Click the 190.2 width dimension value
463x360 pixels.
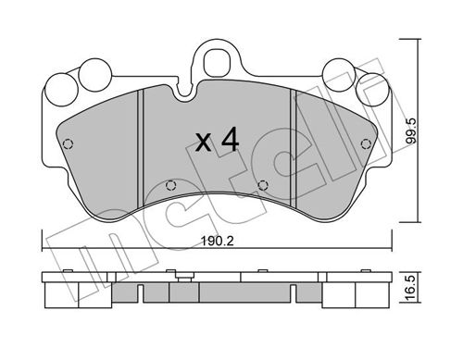(217, 242)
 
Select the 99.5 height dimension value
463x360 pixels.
(411, 130)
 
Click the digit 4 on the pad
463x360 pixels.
(231, 140)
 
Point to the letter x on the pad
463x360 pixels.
(204, 143)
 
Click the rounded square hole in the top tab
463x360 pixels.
(218, 62)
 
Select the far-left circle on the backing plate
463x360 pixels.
(61, 90)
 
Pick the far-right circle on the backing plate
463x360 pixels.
(371, 89)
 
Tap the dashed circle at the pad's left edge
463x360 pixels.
(68, 144)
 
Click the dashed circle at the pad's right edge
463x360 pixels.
(366, 143)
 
